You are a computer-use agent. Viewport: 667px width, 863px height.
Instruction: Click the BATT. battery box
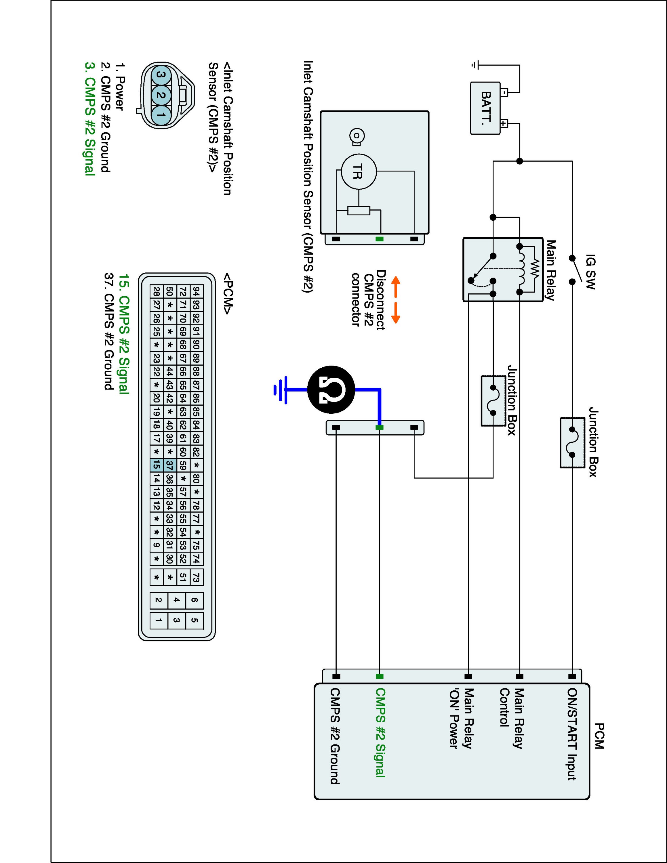pos(485,108)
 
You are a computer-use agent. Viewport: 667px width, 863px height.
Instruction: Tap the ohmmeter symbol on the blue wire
pos(331,390)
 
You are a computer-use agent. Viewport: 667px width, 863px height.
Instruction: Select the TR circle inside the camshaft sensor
pos(359,172)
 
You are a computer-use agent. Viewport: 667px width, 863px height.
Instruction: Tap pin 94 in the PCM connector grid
pos(196,292)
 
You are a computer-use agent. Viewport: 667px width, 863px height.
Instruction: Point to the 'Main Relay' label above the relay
pos(550,270)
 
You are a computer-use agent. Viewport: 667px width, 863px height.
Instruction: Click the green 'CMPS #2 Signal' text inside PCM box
pos(380,733)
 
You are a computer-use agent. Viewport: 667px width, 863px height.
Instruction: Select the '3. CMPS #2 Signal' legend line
pos(90,119)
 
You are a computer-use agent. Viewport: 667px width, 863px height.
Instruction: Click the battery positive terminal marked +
pos(504,123)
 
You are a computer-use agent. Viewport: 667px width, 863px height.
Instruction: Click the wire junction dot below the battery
pos(520,161)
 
